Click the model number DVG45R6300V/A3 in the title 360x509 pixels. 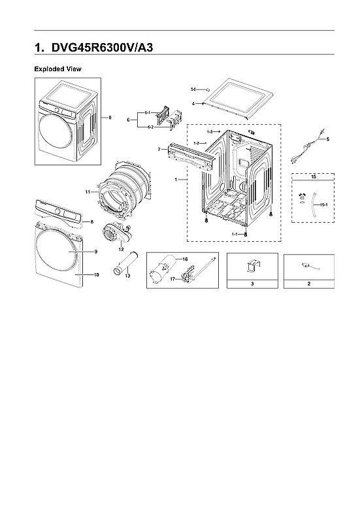point(103,48)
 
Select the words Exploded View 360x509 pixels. point(57,69)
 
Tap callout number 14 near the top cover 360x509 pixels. point(193,89)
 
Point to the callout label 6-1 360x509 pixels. point(148,113)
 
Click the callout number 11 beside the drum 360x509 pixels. point(87,191)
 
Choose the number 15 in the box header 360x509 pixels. point(313,177)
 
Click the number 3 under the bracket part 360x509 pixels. point(252,284)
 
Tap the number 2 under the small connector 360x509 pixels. point(309,284)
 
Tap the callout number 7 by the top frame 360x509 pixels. point(159,150)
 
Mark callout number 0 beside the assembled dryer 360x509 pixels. point(110,118)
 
